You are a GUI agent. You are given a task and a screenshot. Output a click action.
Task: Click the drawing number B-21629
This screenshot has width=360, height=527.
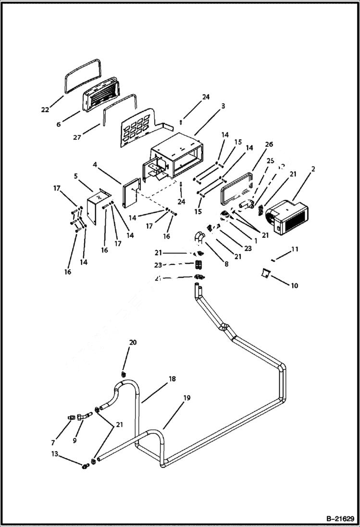point(336,519)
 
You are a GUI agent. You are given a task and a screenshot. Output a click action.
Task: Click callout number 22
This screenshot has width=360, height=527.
point(45,110)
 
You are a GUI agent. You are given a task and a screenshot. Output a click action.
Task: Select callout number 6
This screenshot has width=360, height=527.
point(59,124)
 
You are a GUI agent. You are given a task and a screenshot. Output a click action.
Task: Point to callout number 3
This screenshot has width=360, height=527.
point(222,105)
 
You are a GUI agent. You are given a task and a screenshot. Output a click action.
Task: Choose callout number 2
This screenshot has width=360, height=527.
point(313,169)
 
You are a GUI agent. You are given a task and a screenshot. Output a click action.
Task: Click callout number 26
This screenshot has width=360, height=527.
point(269,144)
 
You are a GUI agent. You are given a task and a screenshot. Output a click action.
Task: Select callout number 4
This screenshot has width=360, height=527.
point(95,165)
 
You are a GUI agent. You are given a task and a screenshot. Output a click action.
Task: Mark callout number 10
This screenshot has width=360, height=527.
point(294,286)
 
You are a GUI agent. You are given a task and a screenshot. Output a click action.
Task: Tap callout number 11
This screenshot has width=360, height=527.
point(295,249)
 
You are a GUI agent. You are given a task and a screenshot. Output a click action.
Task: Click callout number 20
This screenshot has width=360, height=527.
point(133,342)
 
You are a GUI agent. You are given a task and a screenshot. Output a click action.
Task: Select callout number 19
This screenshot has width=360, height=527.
point(186,398)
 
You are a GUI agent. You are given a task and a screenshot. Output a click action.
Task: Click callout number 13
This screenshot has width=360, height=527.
point(55,454)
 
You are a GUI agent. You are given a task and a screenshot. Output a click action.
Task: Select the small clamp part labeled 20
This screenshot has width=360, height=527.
point(124,373)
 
